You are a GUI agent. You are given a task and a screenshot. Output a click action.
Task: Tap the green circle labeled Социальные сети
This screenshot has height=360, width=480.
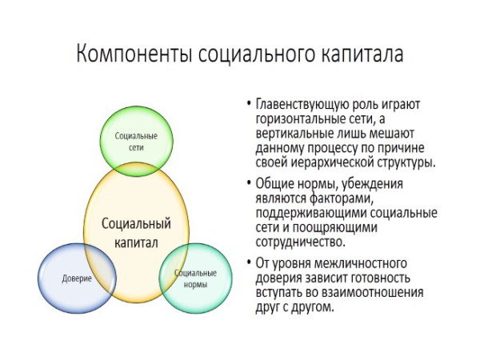[134, 142]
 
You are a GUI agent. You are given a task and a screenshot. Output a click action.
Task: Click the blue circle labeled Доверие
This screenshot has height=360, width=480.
[76, 279]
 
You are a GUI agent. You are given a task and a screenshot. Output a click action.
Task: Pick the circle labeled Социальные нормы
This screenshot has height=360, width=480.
[197, 278]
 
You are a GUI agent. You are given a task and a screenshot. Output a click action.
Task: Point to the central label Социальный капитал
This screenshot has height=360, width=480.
[136, 234]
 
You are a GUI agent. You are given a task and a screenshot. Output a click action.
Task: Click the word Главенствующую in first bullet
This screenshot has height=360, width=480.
[302, 105]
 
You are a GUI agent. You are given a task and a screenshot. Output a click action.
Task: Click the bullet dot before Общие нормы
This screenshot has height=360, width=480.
[249, 185]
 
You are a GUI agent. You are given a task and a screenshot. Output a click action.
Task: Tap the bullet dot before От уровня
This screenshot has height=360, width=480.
[249, 264]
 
